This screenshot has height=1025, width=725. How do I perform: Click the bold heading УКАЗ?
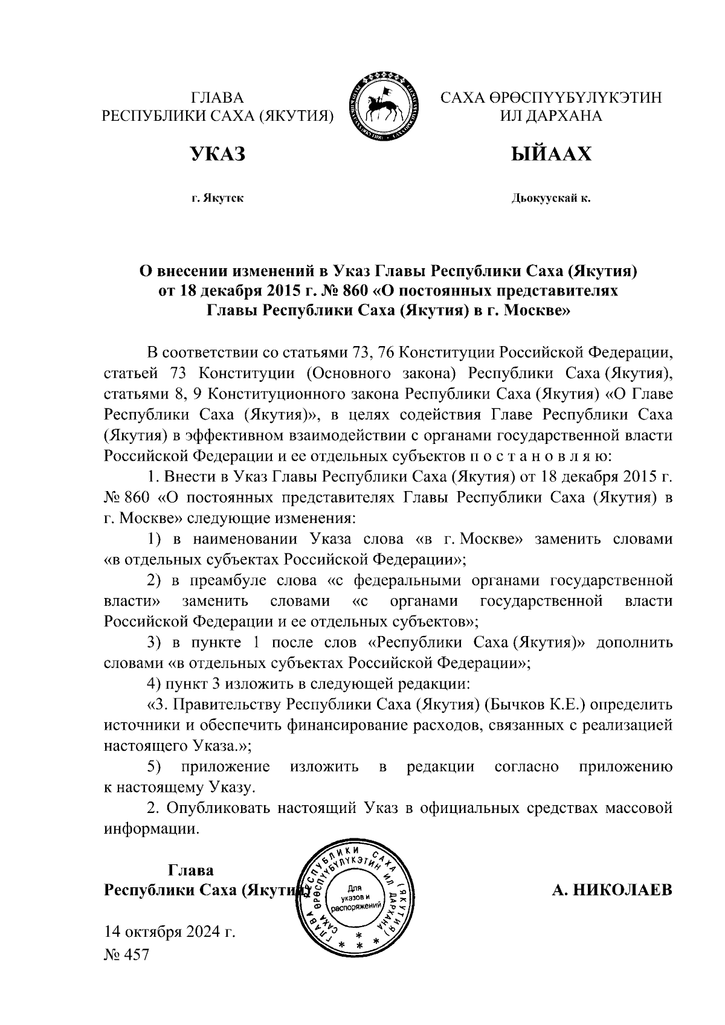218,154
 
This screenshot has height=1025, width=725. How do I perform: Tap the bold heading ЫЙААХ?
550,154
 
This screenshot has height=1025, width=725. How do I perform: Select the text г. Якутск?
217,198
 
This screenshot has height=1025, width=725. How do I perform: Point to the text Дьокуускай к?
550,198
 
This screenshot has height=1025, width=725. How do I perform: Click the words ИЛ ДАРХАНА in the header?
550,116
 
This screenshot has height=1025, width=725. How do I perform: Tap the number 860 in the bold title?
355,291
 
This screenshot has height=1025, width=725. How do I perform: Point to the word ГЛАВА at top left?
217,98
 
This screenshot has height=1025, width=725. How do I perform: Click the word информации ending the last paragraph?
151,829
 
